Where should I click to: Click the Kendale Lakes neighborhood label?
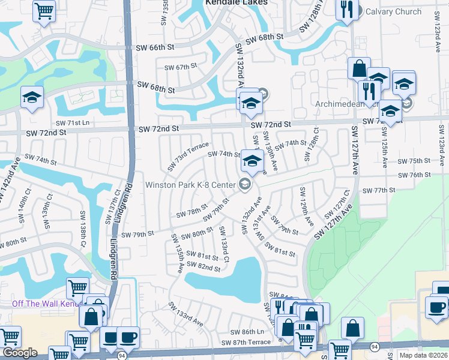point(235,3)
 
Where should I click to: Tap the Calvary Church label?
point(400,11)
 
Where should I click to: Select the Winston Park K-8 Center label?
point(191,184)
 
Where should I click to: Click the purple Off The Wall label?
point(45,304)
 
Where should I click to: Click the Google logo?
point(19,353)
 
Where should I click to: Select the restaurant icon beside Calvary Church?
point(346,10)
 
